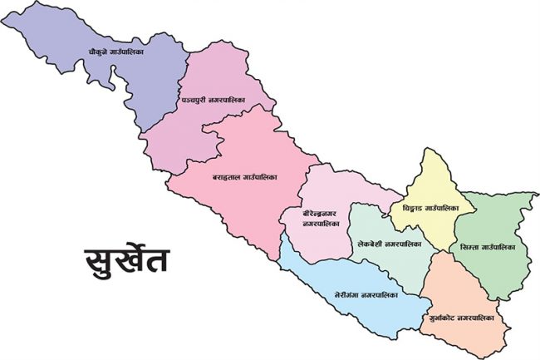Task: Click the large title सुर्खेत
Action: (126, 259)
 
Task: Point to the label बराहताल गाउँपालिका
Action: (244, 178)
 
